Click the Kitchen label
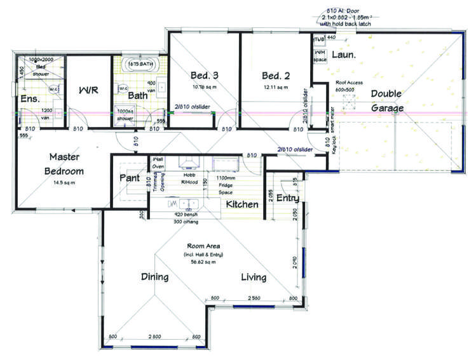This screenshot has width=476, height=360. pyautogui.click(x=242, y=204)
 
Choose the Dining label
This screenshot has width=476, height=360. pyautogui.click(x=154, y=277)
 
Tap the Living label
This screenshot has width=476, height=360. pyautogui.click(x=253, y=277)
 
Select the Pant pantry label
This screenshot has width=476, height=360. pyautogui.click(x=130, y=178)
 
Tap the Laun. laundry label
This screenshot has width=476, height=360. pyautogui.click(x=344, y=55)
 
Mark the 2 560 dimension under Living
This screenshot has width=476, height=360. pyautogui.click(x=254, y=298)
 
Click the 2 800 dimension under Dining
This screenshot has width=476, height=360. pyautogui.click(x=154, y=336)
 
